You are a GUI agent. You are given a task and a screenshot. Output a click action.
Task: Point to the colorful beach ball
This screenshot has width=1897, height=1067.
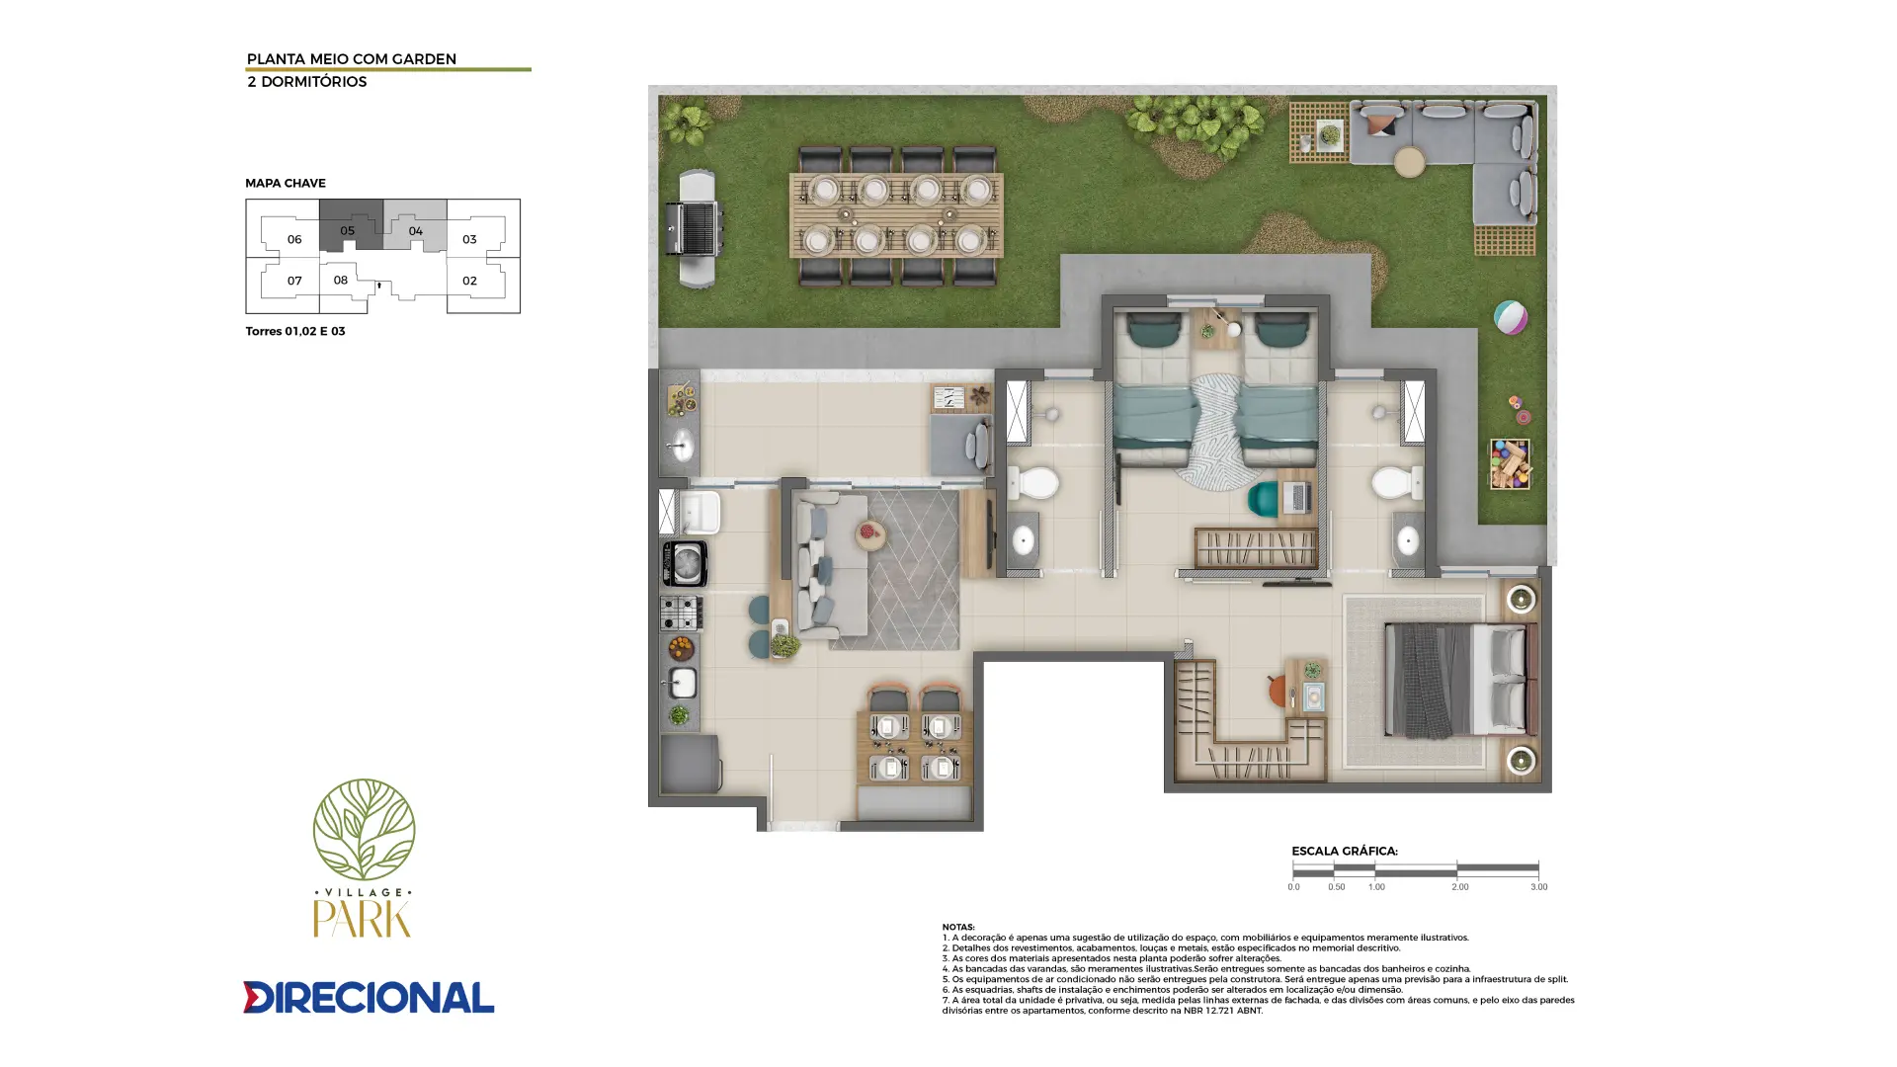1510,317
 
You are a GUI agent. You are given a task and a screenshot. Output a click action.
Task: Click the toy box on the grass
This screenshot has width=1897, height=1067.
1510,463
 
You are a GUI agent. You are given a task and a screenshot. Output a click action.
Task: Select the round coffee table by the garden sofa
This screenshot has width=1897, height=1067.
1409,162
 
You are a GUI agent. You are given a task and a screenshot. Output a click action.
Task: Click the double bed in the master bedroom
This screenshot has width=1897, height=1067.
1461,680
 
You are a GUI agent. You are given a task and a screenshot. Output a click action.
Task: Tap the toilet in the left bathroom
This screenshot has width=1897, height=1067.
1033,484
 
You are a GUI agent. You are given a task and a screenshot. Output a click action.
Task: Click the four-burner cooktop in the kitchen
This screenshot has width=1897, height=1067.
681,613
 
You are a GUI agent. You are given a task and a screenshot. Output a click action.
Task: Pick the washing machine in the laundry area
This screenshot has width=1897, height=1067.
684,563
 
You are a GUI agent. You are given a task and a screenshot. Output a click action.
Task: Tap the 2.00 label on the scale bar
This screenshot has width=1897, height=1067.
1460,887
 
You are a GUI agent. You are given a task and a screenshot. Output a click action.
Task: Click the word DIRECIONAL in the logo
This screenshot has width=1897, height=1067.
369,997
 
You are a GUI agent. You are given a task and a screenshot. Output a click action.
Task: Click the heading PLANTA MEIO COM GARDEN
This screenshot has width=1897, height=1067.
352,59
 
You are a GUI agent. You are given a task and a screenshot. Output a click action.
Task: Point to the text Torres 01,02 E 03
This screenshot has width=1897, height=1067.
295,331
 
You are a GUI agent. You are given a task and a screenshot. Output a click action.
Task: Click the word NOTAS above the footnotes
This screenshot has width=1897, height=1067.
958,927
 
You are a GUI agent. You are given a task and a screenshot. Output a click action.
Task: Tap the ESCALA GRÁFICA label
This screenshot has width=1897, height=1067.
1345,851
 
